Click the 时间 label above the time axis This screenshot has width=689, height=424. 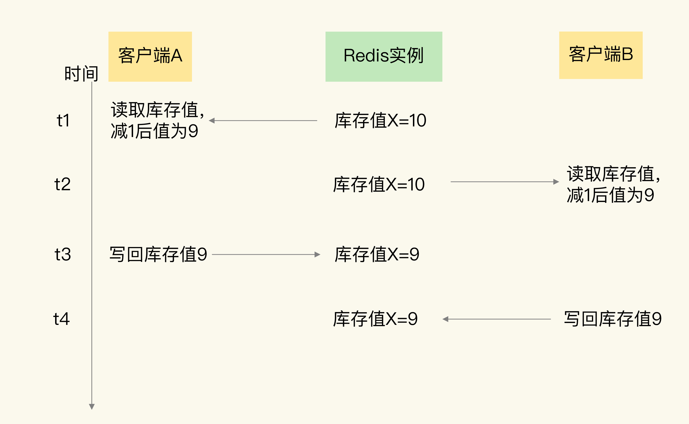(x=81, y=73)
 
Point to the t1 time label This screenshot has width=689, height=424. (x=63, y=121)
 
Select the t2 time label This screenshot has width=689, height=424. (x=62, y=184)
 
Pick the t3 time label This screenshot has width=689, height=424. (x=63, y=254)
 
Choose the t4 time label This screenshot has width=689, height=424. (x=61, y=319)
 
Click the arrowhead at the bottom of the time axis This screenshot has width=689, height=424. (x=92, y=406)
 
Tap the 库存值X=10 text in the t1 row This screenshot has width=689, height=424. (x=380, y=121)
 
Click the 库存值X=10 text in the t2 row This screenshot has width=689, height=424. (x=379, y=184)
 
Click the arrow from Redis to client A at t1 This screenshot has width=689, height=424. (x=263, y=121)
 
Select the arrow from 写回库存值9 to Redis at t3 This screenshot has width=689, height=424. (x=266, y=254)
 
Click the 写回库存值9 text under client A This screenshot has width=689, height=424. (x=158, y=254)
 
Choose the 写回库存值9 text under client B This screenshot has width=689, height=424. (x=613, y=319)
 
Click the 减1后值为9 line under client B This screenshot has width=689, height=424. (x=611, y=195)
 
